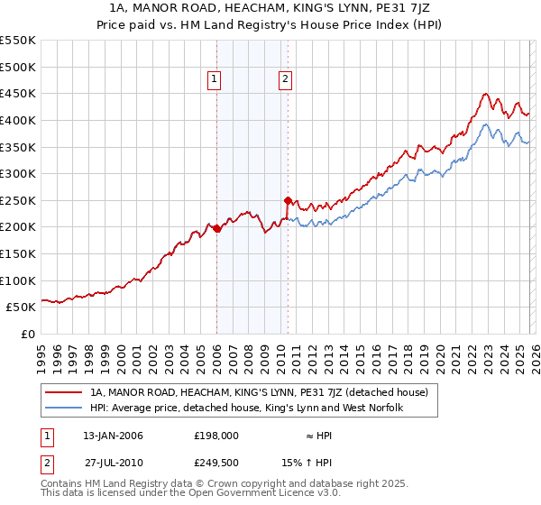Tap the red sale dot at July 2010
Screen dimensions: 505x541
click(288, 200)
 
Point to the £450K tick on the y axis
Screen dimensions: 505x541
click(18, 93)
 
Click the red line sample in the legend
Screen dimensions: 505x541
click(65, 392)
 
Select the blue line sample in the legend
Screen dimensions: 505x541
click(65, 409)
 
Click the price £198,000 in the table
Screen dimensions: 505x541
click(215, 436)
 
